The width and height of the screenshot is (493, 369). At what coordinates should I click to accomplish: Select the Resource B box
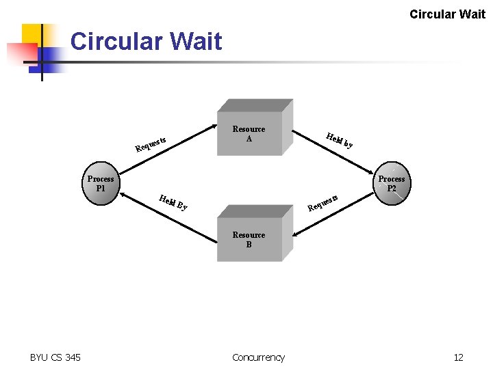click(x=249, y=240)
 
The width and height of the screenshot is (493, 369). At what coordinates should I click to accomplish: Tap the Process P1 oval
click(x=101, y=184)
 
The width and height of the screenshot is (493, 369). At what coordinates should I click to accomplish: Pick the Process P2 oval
click(x=392, y=184)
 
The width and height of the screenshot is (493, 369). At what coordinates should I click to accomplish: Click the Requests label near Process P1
click(x=151, y=142)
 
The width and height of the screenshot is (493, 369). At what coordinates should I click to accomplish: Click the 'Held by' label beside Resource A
click(x=340, y=140)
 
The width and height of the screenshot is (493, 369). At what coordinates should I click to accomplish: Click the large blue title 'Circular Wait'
click(x=146, y=42)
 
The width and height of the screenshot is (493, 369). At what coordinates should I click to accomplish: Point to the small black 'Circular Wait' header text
click(x=447, y=14)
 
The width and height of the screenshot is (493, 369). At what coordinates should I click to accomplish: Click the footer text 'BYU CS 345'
click(x=55, y=357)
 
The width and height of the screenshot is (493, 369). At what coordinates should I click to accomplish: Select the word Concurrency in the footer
click(x=258, y=357)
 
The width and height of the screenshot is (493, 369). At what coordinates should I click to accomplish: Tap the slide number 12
click(x=458, y=357)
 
